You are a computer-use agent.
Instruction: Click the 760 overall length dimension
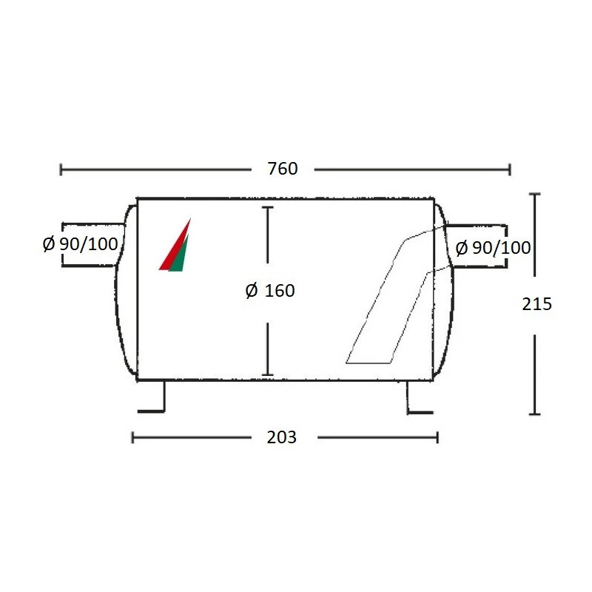point(283,169)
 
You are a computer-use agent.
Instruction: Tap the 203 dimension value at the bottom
point(282,437)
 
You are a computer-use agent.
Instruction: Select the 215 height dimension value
point(537,304)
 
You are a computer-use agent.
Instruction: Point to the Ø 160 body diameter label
point(270,291)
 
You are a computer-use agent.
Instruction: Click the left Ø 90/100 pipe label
point(81,244)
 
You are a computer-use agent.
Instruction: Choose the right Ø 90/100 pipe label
point(493,248)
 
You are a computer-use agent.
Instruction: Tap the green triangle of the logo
point(178,254)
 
